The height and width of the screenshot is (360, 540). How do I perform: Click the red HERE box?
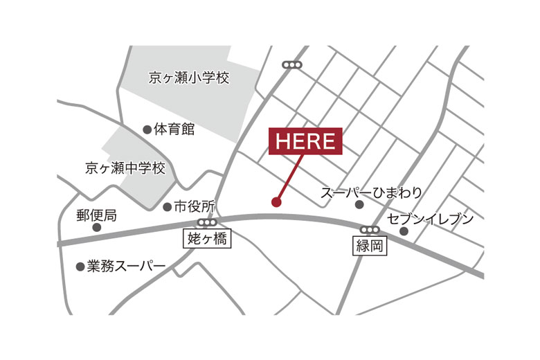click(305, 141)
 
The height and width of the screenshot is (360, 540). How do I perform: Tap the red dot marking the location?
click(276, 202)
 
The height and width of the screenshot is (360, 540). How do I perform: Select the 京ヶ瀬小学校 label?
click(188, 78)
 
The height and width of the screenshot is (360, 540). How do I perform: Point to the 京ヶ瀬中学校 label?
click(125, 168)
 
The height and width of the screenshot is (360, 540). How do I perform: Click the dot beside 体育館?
click(147, 129)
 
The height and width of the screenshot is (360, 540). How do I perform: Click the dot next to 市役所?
click(167, 206)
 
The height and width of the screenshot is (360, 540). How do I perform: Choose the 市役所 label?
click(195, 206)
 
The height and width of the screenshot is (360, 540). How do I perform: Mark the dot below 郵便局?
click(96, 227)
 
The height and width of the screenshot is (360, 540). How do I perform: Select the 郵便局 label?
click(96, 215)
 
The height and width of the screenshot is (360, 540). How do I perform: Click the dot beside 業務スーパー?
click(80, 266)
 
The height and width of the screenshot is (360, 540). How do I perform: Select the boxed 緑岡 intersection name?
click(370, 246)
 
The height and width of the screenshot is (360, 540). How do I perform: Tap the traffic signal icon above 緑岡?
click(370, 230)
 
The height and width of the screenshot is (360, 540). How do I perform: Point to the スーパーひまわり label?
click(371, 192)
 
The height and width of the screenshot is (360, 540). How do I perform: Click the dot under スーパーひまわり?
click(359, 205)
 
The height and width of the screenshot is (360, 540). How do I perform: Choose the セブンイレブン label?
click(431, 219)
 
